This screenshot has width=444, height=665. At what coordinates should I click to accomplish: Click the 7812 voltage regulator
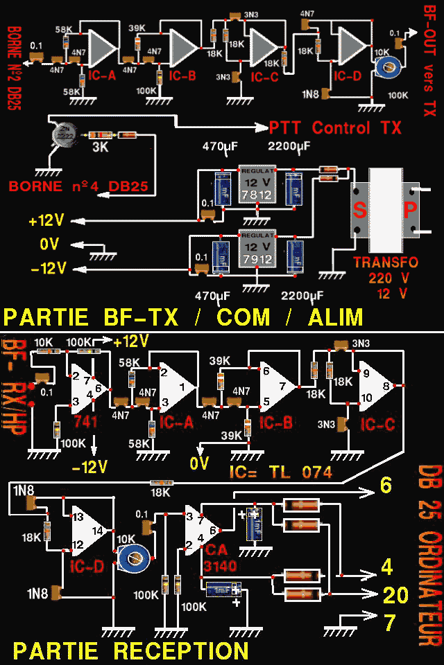pyautogui.click(x=256, y=186)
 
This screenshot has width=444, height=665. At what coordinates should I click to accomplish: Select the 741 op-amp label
pyautogui.click(x=85, y=421)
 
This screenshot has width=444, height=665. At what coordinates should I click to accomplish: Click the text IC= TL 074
pyautogui.click(x=280, y=472)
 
